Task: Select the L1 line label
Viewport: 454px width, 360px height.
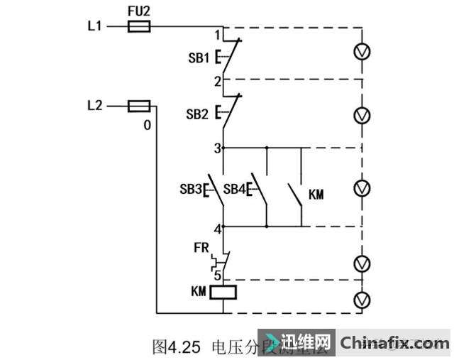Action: pyautogui.click(x=94, y=27)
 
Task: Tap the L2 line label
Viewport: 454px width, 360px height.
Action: pyautogui.click(x=94, y=106)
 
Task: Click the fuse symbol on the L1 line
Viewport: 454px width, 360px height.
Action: pyautogui.click(x=138, y=27)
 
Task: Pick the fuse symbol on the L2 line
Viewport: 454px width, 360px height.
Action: pyautogui.click(x=138, y=107)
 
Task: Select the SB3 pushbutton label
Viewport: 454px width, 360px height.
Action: pyautogui.click(x=191, y=190)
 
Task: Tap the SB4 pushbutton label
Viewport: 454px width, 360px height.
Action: pyautogui.click(x=233, y=190)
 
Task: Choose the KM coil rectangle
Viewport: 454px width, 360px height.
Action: pyautogui.click(x=224, y=291)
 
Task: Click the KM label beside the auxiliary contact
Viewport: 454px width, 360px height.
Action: pyautogui.click(x=316, y=194)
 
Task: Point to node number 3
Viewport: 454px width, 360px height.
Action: pyautogui.click(x=218, y=148)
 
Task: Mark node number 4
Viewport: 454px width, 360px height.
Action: pyautogui.click(x=218, y=228)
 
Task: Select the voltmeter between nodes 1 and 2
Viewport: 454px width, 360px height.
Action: pyautogui.click(x=362, y=53)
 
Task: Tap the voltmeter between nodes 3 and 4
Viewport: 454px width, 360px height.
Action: pyautogui.click(x=362, y=187)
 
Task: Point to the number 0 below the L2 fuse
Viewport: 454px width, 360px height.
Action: pyautogui.click(x=147, y=125)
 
